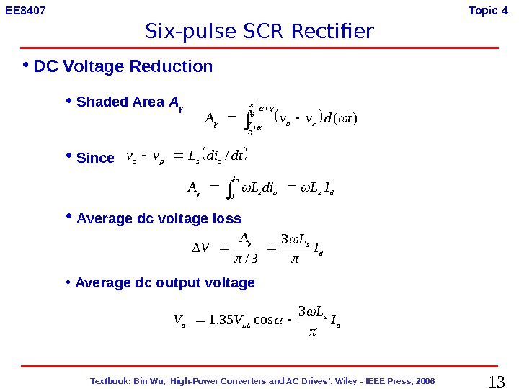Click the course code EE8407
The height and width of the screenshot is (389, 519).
pyautogui.click(x=25, y=11)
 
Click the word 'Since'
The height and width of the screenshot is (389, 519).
pyautogui.click(x=95, y=158)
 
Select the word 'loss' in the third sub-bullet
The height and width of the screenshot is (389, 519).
pyautogui.click(x=228, y=218)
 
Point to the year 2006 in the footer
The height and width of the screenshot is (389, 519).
pyautogui.click(x=423, y=380)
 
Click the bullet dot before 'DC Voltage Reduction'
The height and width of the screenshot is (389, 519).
pyautogui.click(x=25, y=66)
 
